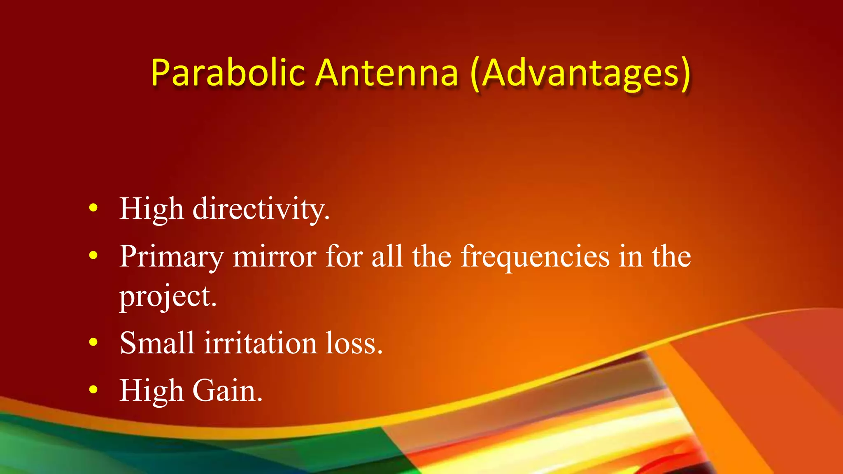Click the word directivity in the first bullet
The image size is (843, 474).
point(261,209)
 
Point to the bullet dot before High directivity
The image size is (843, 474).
point(93,208)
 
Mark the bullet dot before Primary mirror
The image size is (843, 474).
point(93,256)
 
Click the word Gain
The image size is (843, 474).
point(227,390)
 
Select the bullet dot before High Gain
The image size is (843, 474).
point(93,390)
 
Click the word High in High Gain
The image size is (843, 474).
point(151,390)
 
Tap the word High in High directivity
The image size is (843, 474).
point(151,209)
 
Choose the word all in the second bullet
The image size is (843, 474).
point(387,256)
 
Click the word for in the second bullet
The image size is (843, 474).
point(344,256)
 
